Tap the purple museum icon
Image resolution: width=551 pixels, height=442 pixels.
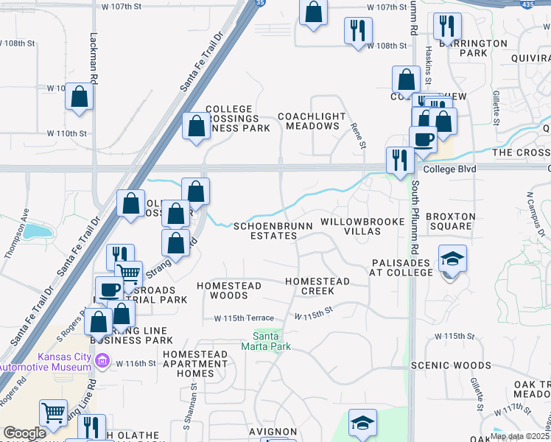click(x=102, y=362)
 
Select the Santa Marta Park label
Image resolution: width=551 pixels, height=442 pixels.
click(x=267, y=341)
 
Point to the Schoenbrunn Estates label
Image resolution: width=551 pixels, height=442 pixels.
click(x=265, y=231)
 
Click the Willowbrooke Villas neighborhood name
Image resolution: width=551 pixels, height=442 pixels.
click(x=362, y=226)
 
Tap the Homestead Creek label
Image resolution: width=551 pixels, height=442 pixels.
click(x=317, y=286)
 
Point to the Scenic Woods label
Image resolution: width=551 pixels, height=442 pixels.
click(x=451, y=365)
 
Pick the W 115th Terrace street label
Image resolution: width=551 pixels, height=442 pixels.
click(x=244, y=318)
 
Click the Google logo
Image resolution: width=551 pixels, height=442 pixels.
click(x=24, y=433)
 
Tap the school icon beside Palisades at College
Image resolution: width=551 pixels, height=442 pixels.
click(x=452, y=260)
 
